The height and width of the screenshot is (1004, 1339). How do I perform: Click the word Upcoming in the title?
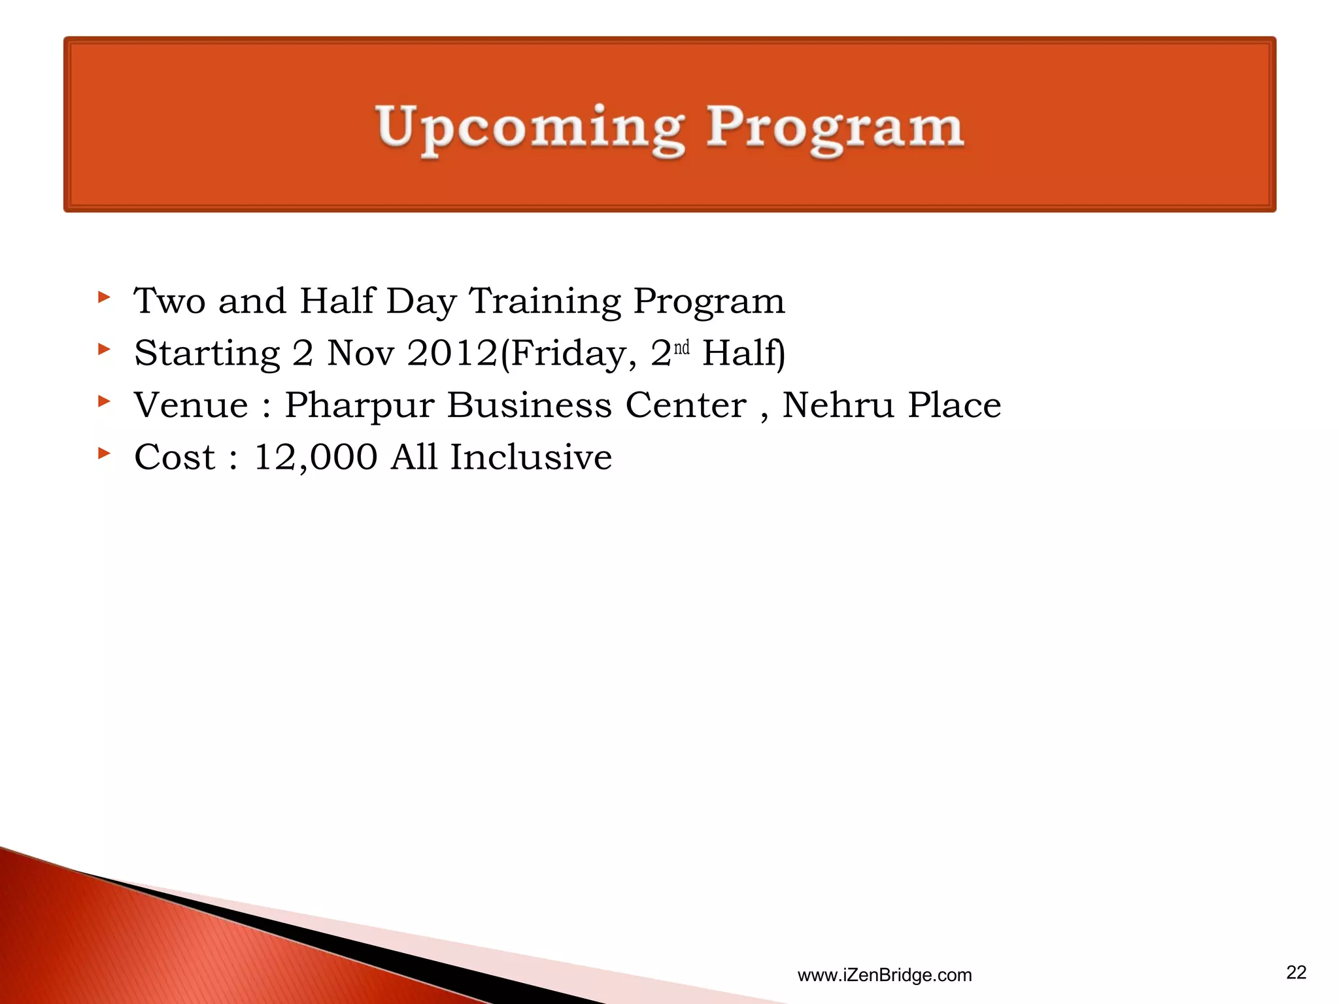(x=531, y=127)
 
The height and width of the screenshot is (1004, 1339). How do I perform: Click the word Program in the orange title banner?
(x=835, y=127)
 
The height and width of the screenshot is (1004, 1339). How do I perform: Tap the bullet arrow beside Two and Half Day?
(x=103, y=297)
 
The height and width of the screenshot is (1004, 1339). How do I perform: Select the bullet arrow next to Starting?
(x=103, y=349)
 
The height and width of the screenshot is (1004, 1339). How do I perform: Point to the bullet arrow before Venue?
(x=103, y=401)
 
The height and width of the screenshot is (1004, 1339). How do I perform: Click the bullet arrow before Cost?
(x=103, y=452)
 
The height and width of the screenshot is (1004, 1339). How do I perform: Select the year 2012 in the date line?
(x=452, y=353)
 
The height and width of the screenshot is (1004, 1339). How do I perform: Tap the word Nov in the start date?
(x=360, y=353)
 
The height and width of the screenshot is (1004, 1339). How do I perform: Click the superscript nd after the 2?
(x=681, y=347)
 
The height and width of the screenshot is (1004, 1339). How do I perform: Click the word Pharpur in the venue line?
(x=359, y=406)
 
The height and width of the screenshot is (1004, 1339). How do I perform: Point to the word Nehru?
(x=838, y=405)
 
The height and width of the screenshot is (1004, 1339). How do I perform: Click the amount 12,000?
(x=315, y=457)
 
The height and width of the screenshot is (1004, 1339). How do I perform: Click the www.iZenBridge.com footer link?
(x=884, y=975)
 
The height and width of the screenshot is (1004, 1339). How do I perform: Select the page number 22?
(x=1296, y=973)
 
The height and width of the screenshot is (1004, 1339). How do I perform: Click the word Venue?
(x=191, y=405)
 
